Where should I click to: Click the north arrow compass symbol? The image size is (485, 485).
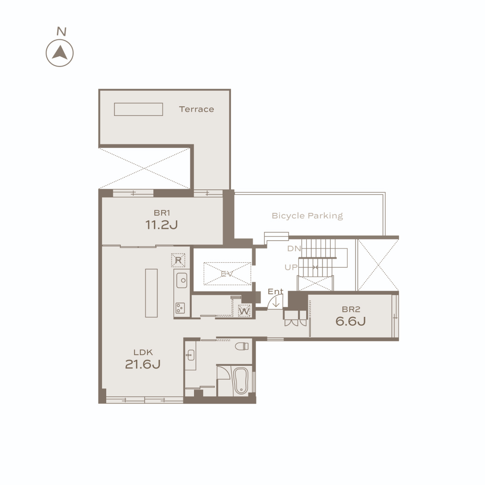[x=60, y=53]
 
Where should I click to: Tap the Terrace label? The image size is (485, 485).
[x=196, y=109]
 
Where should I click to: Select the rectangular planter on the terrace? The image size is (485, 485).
[x=138, y=109]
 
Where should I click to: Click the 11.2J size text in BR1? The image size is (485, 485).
[x=162, y=225]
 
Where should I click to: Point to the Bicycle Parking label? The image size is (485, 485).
[x=307, y=216]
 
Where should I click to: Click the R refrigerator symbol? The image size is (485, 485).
[x=178, y=261]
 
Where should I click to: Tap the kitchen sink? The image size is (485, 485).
[x=182, y=280]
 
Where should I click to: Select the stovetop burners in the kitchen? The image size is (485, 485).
[x=180, y=308]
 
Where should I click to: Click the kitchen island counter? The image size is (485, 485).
[x=151, y=293]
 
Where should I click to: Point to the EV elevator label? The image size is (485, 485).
[x=227, y=274]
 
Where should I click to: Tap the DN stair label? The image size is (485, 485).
[x=294, y=249]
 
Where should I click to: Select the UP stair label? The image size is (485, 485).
[x=291, y=267]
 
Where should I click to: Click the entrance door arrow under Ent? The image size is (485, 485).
[x=276, y=302]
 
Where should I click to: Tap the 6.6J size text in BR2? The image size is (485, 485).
[x=351, y=321]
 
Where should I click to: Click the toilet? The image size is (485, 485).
[x=242, y=346]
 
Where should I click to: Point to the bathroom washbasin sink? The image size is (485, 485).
[x=190, y=355]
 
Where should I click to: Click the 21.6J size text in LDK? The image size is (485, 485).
[x=143, y=364]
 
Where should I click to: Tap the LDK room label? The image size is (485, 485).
[x=143, y=352]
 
